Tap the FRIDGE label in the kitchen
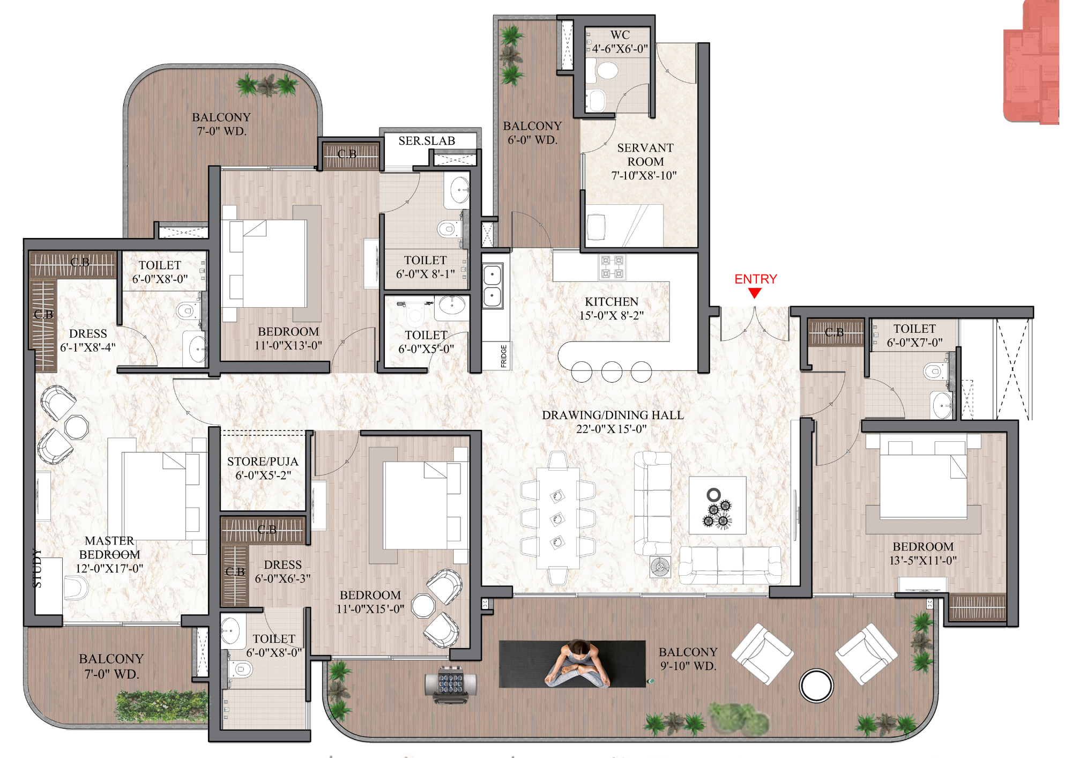[504, 356]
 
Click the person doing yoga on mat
[578, 665]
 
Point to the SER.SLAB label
[427, 141]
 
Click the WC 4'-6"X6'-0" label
[620, 42]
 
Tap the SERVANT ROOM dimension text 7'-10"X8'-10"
[644, 176]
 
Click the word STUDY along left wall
[37, 568]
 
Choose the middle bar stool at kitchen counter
[612, 371]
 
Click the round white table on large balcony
[816, 685]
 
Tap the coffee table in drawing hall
[717, 506]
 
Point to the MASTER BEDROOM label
[109, 548]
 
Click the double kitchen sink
[492, 286]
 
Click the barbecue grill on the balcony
[450, 684]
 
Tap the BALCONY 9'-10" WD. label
[688, 659]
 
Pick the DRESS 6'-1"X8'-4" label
[88, 340]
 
